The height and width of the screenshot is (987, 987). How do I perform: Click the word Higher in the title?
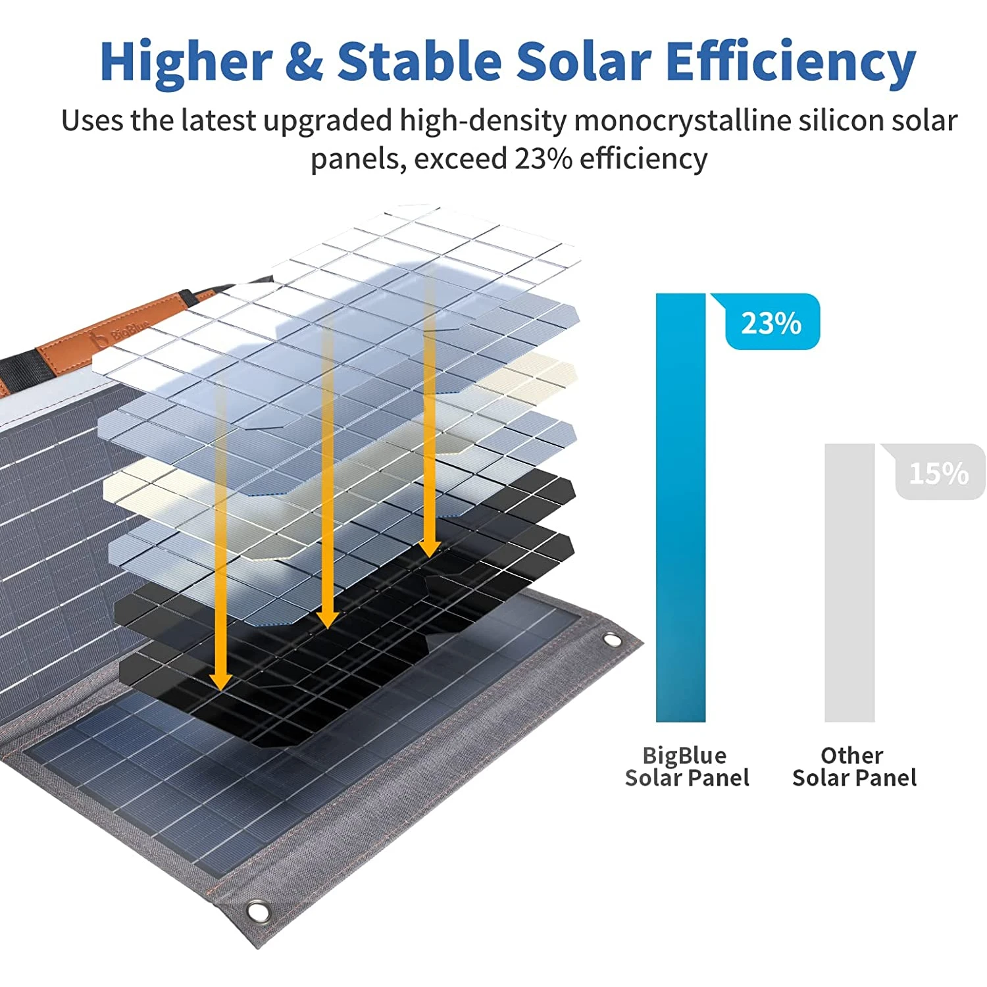coord(186,61)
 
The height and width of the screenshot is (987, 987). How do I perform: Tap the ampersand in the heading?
coord(304,61)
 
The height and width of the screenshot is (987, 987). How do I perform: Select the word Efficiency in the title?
coord(790,61)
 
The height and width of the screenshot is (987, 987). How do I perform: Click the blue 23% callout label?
coord(772,322)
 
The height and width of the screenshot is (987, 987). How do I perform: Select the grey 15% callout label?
coord(939,472)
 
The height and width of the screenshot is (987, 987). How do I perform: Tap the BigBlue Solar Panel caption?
coord(686,767)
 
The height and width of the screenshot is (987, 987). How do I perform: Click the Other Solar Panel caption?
coord(853,767)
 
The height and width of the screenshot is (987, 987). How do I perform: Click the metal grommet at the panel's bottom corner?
coord(257,911)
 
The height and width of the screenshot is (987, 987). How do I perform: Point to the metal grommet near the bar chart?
coord(611,639)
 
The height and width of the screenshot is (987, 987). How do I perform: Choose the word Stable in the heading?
coord(419,61)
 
